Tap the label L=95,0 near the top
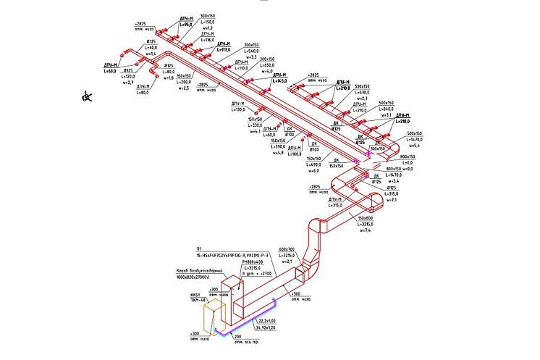tap(185, 25)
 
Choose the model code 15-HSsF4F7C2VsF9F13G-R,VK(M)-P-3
tap(232, 256)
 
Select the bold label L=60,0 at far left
tap(110, 71)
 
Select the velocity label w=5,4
tap(415, 146)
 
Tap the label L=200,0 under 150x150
tap(186, 82)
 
